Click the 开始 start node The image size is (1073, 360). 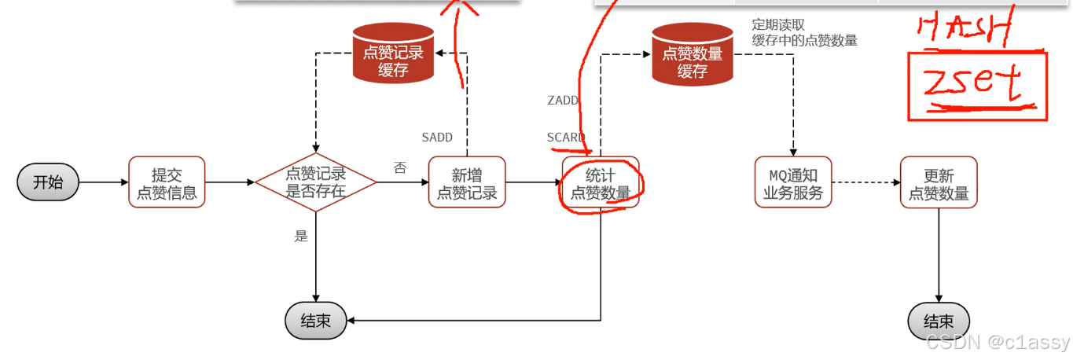[48, 182]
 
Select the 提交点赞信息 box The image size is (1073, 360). [167, 182]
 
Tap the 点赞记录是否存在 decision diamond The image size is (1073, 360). [315, 182]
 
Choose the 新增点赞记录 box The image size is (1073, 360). [467, 182]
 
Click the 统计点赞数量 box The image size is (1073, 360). [601, 182]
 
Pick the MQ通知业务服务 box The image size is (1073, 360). [792, 182]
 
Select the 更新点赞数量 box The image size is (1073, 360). [939, 182]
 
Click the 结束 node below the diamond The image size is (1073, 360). [315, 321]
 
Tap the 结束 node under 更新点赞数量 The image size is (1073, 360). [939, 321]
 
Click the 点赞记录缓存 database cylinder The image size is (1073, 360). [393, 53]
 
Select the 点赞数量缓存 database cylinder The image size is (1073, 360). [693, 53]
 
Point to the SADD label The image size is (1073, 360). [437, 138]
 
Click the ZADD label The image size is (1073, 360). [563, 101]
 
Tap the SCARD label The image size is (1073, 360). [565, 138]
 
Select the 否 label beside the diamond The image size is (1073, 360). [400, 167]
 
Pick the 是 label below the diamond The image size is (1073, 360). [301, 235]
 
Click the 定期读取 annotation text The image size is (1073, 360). [778, 25]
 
